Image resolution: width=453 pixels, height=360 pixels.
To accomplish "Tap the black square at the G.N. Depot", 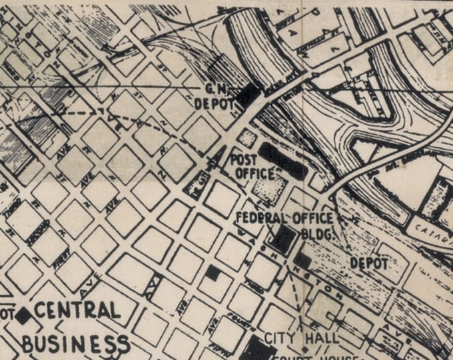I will click(x=249, y=95).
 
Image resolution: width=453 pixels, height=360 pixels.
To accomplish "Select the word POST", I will click(x=244, y=159).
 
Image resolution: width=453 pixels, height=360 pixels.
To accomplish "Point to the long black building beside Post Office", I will click(x=283, y=161).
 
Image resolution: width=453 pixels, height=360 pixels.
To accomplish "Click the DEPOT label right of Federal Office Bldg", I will click(x=368, y=264).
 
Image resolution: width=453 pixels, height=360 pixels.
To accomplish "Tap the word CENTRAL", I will click(x=77, y=311).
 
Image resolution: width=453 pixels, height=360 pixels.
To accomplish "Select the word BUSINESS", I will click(x=75, y=344).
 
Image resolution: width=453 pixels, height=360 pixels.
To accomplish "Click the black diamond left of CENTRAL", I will click(x=24, y=315).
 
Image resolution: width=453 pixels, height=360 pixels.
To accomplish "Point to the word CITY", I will click(x=280, y=337).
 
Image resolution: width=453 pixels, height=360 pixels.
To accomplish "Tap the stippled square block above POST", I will click(x=248, y=139).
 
